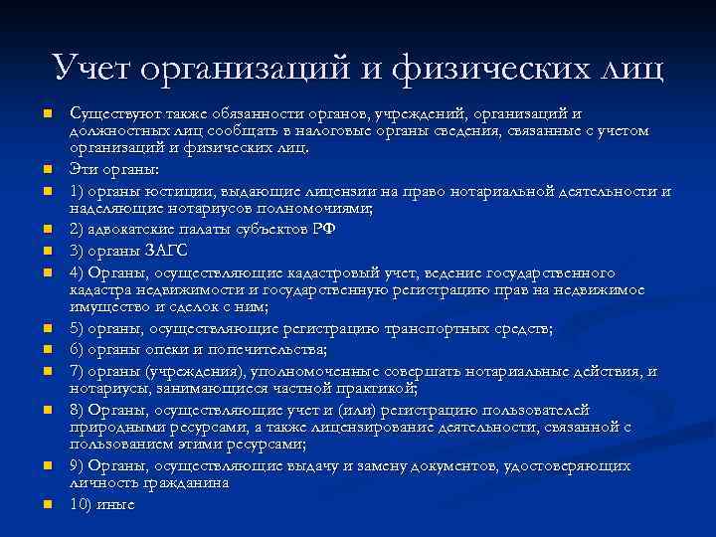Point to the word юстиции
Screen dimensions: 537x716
point(185,191)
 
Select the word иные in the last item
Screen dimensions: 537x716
point(115,503)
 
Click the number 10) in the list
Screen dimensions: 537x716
point(81,503)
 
